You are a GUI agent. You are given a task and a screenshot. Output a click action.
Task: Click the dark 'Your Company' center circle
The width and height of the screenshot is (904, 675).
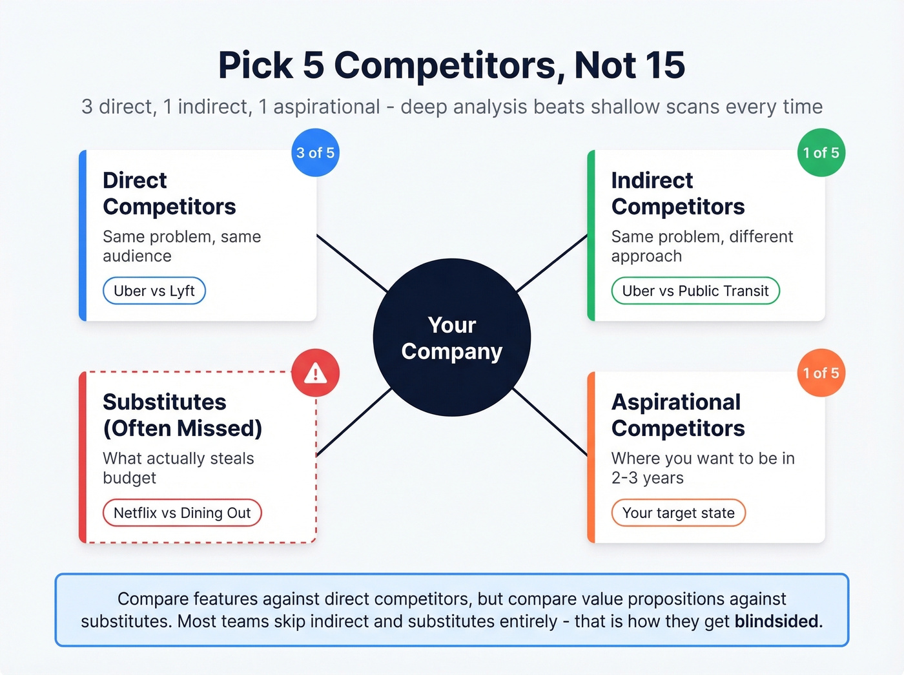pos(451,337)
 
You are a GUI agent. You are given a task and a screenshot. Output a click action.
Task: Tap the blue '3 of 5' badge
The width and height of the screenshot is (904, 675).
pos(315,153)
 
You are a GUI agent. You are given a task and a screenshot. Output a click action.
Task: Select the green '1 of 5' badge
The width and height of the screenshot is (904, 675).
pos(821,153)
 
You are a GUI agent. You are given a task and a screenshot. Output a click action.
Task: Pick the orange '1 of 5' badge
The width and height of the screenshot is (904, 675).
pos(821,373)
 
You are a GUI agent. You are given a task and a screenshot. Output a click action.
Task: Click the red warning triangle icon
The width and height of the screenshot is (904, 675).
pos(315,373)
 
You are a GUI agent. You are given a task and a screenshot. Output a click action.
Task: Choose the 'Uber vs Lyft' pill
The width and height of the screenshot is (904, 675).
pos(154,291)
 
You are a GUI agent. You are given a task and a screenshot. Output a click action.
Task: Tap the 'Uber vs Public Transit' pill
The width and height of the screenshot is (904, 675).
pos(695,291)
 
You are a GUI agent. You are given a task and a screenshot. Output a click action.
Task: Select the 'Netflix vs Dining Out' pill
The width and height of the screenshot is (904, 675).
pos(181,513)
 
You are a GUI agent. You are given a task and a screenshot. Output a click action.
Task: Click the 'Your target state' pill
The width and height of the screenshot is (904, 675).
pos(678,513)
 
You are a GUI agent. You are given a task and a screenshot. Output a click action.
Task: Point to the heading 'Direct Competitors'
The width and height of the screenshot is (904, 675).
pos(169,193)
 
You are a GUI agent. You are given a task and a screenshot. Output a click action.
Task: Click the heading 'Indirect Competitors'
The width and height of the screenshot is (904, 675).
pos(677,193)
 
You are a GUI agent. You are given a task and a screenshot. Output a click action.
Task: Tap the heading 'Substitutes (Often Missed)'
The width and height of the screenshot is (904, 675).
pos(182,415)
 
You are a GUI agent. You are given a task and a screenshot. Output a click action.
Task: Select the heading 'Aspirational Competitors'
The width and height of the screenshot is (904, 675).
pos(677,415)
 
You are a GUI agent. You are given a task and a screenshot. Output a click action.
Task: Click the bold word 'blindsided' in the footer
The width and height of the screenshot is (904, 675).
pos(777,621)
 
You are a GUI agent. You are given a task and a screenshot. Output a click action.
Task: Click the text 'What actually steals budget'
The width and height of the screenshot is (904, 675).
pos(178,468)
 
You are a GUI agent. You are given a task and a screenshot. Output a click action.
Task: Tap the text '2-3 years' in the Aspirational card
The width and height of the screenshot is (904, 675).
pos(647,478)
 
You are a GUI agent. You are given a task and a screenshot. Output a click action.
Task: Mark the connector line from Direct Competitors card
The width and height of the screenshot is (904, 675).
pos(352,263)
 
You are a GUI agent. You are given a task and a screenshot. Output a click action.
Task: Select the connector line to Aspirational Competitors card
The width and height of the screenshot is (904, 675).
pos(550,421)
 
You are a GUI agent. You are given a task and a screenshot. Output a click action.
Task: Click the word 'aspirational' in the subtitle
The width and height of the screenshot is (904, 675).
pos(326,107)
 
